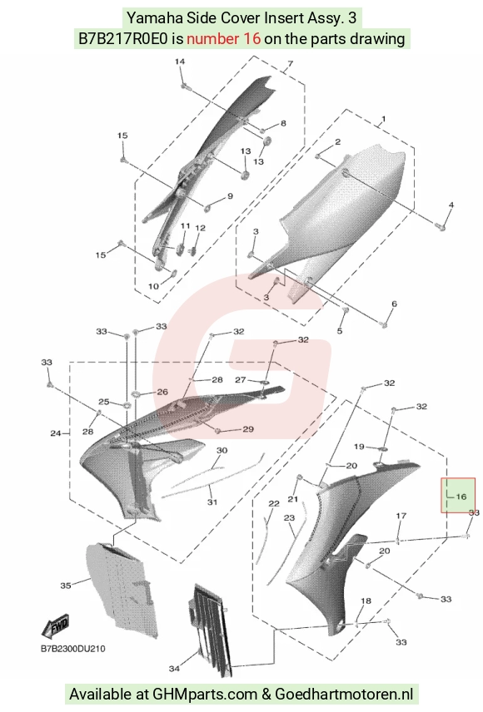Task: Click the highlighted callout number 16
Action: (461, 497)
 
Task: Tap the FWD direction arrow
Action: (55, 627)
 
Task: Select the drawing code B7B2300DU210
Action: (72, 649)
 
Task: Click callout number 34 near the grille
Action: (174, 668)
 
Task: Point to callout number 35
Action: (66, 586)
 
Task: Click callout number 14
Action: (180, 62)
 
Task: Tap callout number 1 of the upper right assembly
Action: (383, 119)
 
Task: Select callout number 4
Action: (451, 205)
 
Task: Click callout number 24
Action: (56, 433)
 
